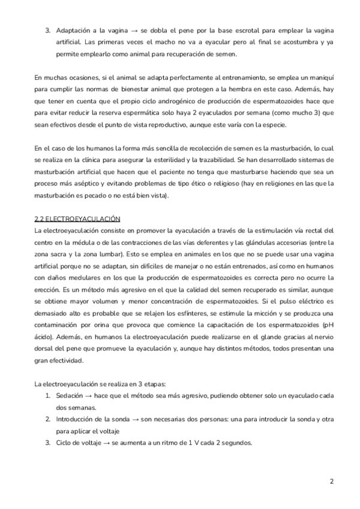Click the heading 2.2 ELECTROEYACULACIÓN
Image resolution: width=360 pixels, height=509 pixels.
coord(77,219)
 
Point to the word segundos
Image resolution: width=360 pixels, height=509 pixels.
coord(236,442)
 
